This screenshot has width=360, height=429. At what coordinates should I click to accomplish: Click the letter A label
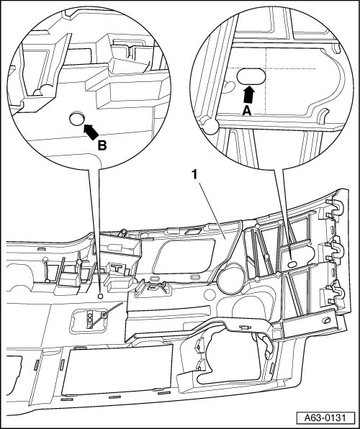pos(247,111)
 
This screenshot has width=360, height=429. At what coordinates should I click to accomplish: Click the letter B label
pos(102,145)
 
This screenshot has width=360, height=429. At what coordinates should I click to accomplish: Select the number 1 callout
pos(194,175)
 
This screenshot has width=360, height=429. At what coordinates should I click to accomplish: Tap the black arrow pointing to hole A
pos(249,95)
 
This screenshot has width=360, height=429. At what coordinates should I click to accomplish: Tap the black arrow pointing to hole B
pos(91,132)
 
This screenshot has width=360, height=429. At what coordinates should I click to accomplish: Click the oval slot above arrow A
pos(251,76)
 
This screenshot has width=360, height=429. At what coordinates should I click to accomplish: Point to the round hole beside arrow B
pos(76,119)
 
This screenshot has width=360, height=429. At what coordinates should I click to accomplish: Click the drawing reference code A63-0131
pos(325,418)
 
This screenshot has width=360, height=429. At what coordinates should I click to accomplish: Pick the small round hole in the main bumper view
pos(101,296)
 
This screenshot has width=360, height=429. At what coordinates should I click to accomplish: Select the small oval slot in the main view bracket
pos(292,263)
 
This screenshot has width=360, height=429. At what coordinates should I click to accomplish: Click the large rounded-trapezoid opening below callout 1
pos(184,256)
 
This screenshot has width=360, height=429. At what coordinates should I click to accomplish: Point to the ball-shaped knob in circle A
pos(210,126)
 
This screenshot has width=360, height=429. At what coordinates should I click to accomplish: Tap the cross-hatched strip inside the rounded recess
pos(90,319)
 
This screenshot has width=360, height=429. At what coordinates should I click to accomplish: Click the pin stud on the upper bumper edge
pos(124,232)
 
